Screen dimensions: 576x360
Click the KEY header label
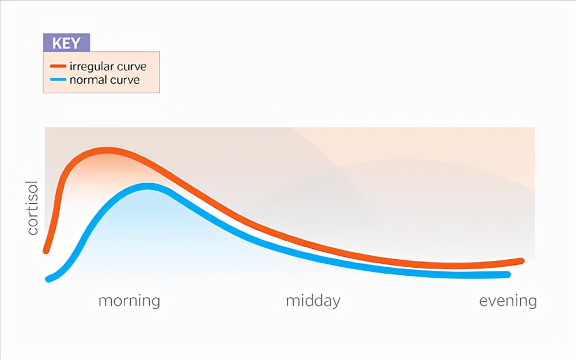point(66,43)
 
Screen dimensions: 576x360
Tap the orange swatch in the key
point(58,66)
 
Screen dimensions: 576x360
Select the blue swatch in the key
point(58,79)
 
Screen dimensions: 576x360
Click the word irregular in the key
point(88,67)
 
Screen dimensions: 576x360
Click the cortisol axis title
point(33,207)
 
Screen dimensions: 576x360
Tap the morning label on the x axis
point(129,301)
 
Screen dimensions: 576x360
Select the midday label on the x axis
point(313,301)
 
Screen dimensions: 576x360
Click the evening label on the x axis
point(508,301)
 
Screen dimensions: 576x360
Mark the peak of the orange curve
point(107,150)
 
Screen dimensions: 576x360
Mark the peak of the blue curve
point(147,186)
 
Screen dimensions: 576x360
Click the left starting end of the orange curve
point(46,251)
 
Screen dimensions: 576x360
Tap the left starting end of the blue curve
point(48,279)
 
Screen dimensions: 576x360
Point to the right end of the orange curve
point(521,261)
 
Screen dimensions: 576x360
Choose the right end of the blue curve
point(508,274)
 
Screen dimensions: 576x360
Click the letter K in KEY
point(57,43)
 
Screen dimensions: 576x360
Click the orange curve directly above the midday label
point(313,245)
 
